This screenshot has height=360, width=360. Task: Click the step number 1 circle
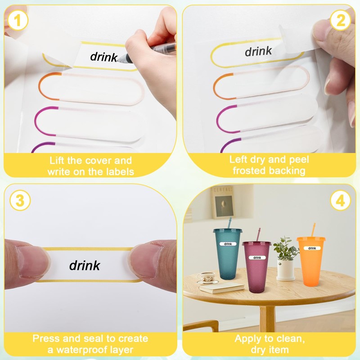(x=18, y=20)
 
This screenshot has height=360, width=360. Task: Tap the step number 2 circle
(x=341, y=20)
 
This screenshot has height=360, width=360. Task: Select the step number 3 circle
(x=20, y=200)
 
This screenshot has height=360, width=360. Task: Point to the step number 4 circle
(x=341, y=200)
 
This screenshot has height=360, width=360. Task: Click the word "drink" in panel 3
(x=85, y=265)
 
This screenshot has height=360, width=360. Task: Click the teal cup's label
(x=228, y=244)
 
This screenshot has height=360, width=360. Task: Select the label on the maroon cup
(x=257, y=257)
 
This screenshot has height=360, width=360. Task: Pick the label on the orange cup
(x=312, y=248)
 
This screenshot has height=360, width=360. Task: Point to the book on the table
(x=221, y=288)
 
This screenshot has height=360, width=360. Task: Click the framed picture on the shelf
(x=222, y=202)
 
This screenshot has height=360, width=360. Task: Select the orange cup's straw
(x=313, y=230)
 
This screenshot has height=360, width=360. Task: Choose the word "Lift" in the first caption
(x=57, y=160)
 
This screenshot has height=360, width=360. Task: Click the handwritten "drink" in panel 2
(x=258, y=51)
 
